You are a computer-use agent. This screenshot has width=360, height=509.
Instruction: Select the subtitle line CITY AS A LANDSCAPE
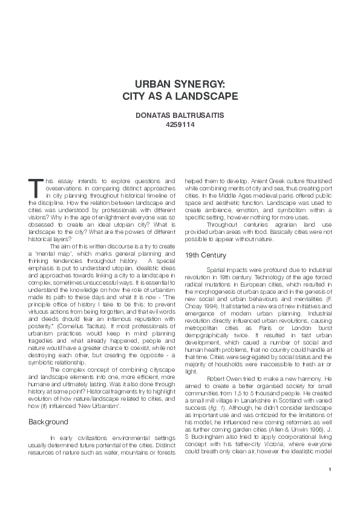[x=180, y=97]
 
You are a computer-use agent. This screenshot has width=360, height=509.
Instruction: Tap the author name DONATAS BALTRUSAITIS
[x=180, y=115]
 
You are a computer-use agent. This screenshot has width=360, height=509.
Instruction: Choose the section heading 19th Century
[x=205, y=254]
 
